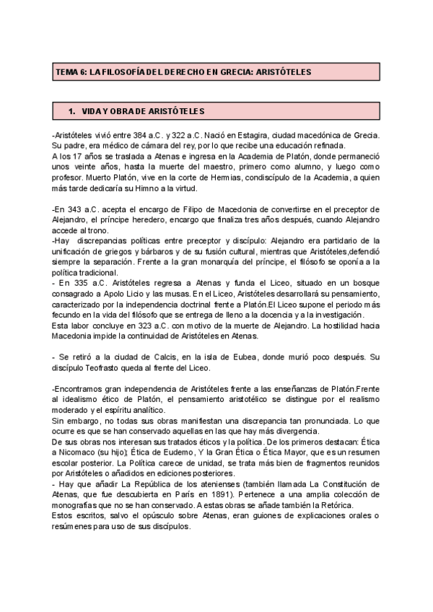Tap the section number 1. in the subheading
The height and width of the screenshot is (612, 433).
coord(71,111)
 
